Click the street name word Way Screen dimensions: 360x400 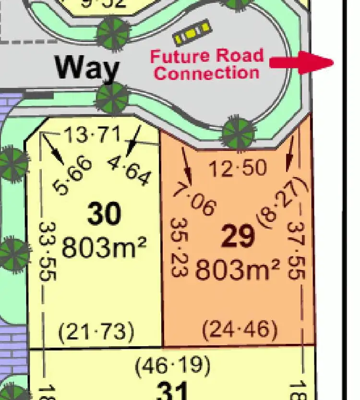coord(87,69)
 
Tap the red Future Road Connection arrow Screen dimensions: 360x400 coord(301,62)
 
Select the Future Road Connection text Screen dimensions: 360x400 coord(207,64)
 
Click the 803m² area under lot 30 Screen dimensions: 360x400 coord(104,247)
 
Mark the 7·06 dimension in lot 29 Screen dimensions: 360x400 coord(194,199)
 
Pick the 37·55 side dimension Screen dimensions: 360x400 coord(297,250)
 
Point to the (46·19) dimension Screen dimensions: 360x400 coord(172,366)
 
